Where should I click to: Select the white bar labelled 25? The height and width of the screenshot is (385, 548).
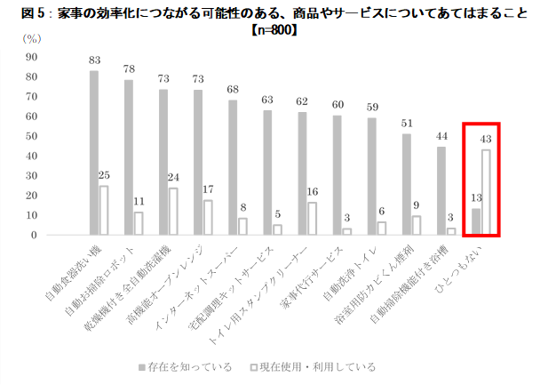click(104, 211)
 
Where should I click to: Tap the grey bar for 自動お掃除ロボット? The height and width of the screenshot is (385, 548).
click(129, 157)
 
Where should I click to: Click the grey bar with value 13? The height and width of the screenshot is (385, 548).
click(476, 222)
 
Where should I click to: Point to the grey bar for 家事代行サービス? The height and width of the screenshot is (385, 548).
click(338, 175)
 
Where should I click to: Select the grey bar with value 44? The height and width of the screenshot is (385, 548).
click(441, 191)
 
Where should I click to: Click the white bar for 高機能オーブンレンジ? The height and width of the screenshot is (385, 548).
click(208, 218)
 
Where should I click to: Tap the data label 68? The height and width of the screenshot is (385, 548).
click(233, 89)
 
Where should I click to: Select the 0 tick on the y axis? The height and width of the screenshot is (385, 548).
click(34, 236)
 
